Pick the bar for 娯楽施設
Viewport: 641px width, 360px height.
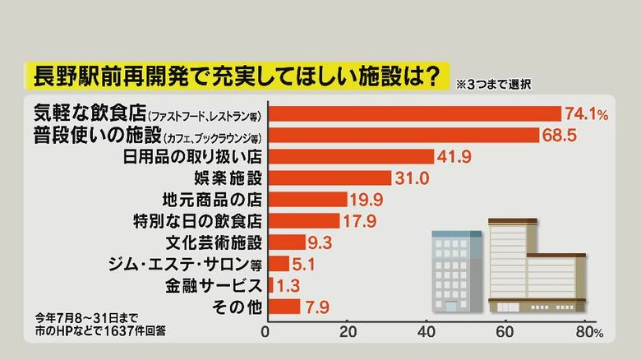(330, 178)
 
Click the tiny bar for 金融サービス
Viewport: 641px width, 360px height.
(270, 284)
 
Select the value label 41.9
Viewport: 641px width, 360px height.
(454, 156)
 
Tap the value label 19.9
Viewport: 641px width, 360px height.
(367, 199)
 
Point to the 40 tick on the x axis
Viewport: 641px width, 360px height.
(426, 333)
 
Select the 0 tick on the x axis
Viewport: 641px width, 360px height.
(265, 333)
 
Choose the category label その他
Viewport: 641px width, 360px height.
(238, 306)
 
